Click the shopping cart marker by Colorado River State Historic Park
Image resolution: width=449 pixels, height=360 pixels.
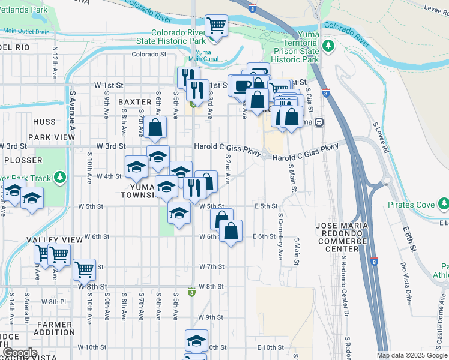point(216,26)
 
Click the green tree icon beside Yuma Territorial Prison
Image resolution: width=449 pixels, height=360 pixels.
point(328,46)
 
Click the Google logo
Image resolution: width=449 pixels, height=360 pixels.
point(19,353)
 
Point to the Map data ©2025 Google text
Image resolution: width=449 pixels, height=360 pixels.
point(412,356)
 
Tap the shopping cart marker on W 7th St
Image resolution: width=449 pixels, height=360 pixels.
point(85,269)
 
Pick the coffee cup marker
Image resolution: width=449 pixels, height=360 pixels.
point(242,86)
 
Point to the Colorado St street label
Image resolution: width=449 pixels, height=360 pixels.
point(149,54)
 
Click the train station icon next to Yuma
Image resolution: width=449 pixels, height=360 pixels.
point(319,122)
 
